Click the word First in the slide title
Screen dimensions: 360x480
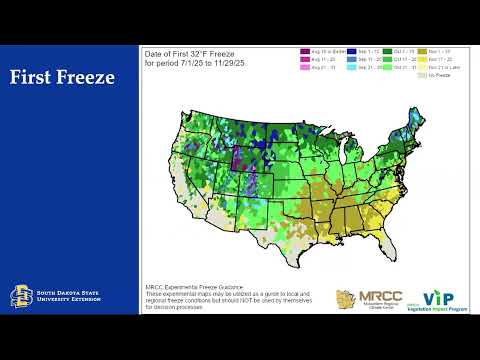click(36, 77)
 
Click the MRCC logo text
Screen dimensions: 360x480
click(371, 297)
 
